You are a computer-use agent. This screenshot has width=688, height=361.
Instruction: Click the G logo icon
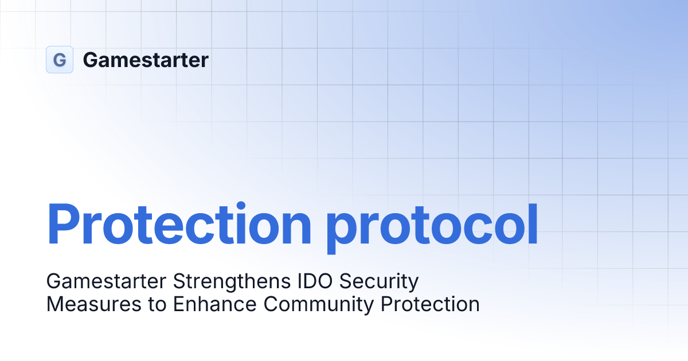(60, 60)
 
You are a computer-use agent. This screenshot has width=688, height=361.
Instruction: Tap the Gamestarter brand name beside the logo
(146, 60)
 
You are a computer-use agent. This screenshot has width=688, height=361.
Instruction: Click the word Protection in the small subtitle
(430, 304)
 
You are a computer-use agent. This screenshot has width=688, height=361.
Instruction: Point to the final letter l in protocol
(533, 223)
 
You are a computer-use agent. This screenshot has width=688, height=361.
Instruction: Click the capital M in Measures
(55, 304)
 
